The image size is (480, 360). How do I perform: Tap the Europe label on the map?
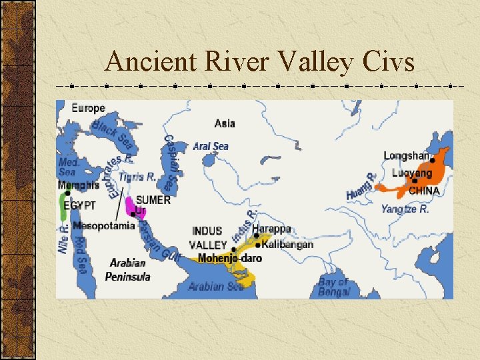click(x=89, y=108)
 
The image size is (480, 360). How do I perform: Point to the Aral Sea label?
click(x=211, y=146)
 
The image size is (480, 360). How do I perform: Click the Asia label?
click(x=225, y=123)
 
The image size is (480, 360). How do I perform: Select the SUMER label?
click(x=153, y=199)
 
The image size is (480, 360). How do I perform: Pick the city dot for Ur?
click(x=133, y=214)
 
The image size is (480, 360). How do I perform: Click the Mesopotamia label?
click(x=104, y=225)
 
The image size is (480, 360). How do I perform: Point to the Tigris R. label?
click(x=138, y=177)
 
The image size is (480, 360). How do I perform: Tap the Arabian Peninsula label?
click(x=128, y=269)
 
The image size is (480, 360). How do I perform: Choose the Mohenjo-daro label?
click(x=230, y=258)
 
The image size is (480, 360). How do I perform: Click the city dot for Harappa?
click(x=256, y=235)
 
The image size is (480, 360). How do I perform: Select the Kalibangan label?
click(x=288, y=245)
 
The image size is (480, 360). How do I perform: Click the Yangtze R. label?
click(x=405, y=209)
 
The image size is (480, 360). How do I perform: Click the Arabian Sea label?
click(x=216, y=287)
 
